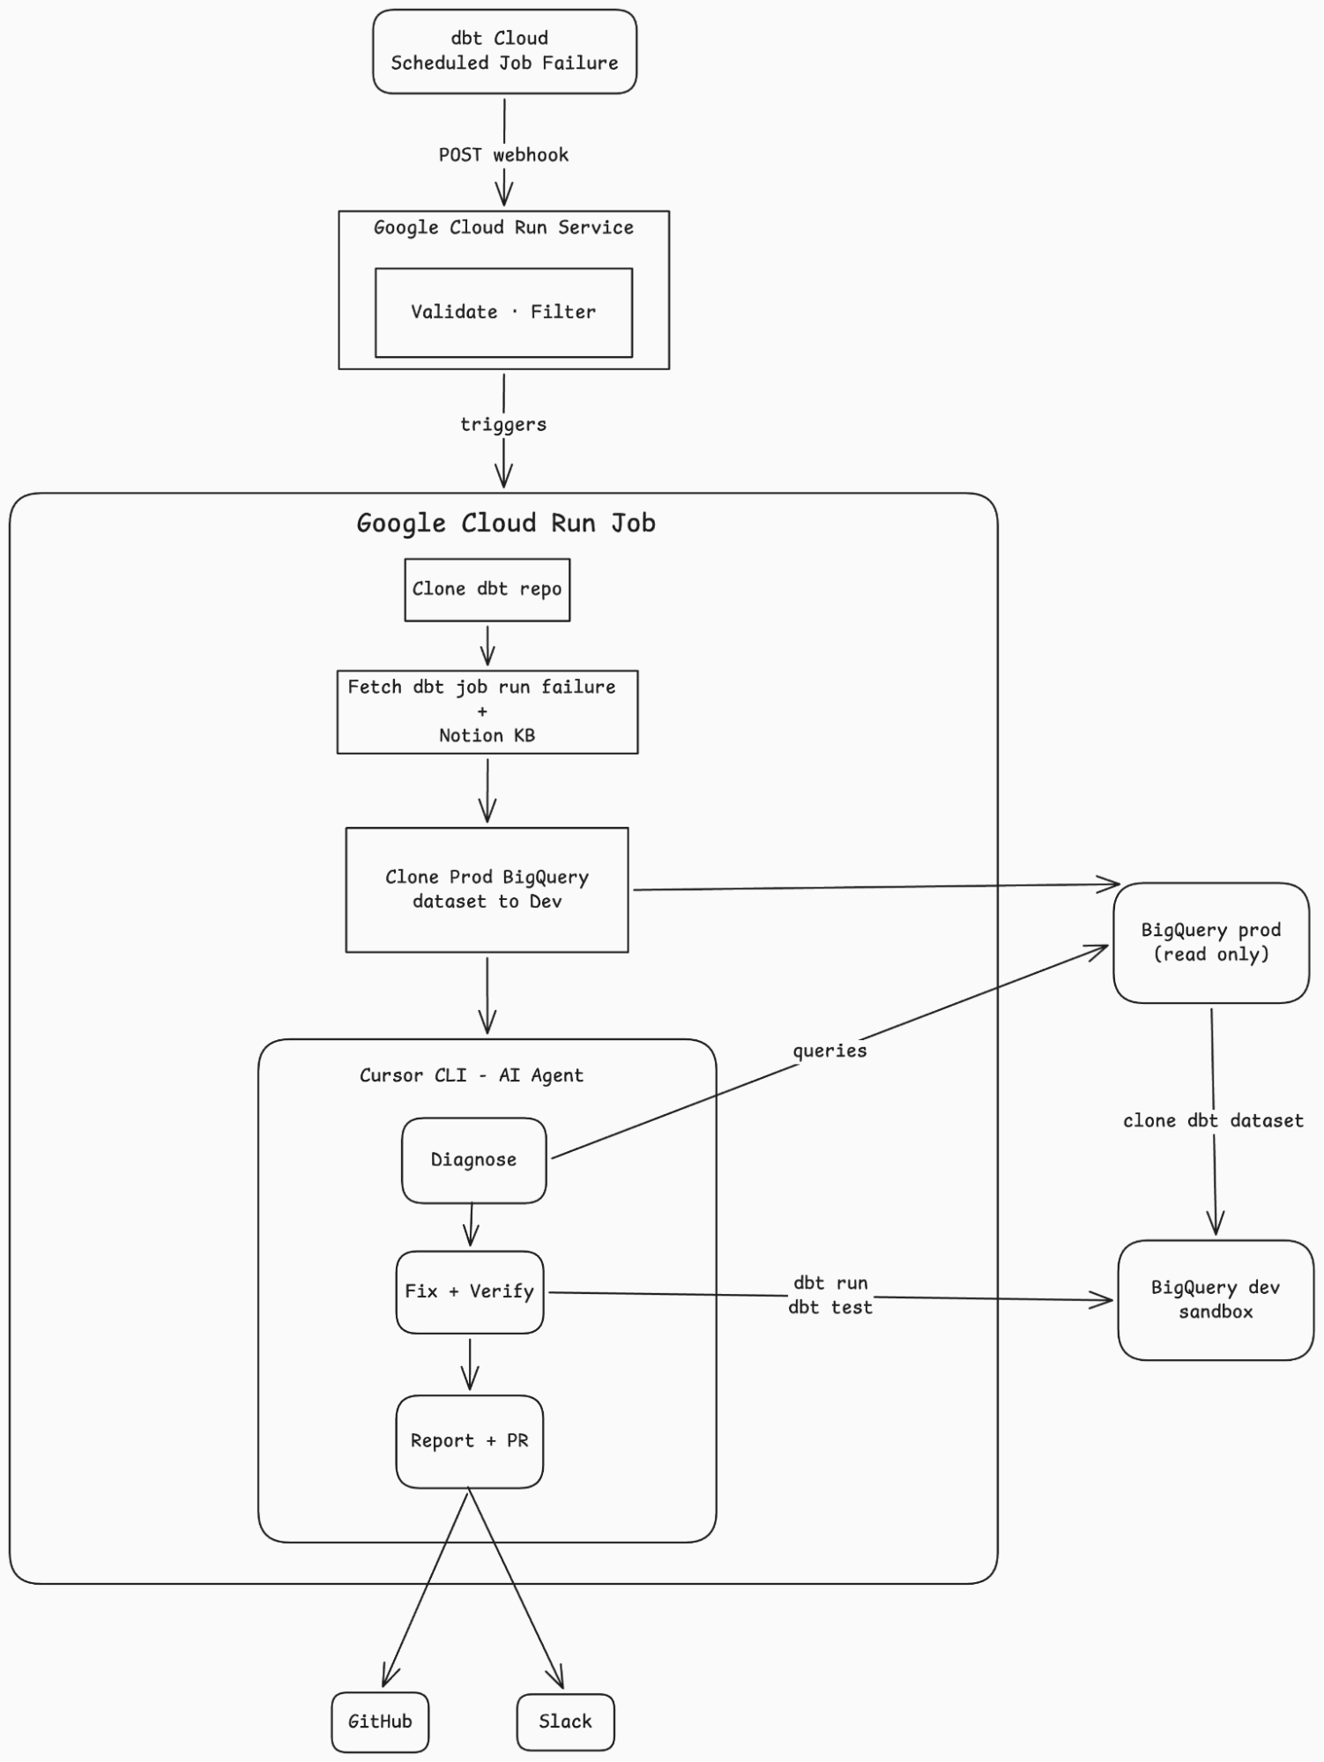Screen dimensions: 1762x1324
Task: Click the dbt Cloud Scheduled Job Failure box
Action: coord(504,51)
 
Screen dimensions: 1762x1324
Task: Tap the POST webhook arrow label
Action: coord(503,155)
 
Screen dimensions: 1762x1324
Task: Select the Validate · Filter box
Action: coord(503,312)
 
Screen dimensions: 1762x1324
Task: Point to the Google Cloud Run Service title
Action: coord(503,227)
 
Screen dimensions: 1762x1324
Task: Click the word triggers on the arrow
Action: coord(503,425)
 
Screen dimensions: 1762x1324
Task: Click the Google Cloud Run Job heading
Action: coord(505,524)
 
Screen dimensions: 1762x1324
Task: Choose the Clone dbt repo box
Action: coord(487,590)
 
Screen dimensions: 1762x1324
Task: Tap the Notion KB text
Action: coord(487,735)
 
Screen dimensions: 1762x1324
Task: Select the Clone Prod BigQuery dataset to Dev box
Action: coord(487,889)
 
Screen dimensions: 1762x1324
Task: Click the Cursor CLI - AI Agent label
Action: coord(471,1075)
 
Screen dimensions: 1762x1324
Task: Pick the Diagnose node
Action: coord(473,1160)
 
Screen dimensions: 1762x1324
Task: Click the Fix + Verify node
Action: coord(469,1291)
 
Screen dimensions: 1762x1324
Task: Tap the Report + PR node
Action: coord(469,1441)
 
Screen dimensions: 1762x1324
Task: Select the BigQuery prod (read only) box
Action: coord(1210,942)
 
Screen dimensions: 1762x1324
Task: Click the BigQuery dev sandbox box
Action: coord(1216,1299)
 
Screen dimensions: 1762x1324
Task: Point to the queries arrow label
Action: coord(829,1051)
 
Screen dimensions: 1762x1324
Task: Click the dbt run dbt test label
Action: coord(829,1295)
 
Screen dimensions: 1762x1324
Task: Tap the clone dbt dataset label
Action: coord(1212,1121)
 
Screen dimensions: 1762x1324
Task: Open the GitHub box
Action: coord(380,1721)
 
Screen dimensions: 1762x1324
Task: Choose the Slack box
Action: coord(565,1721)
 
